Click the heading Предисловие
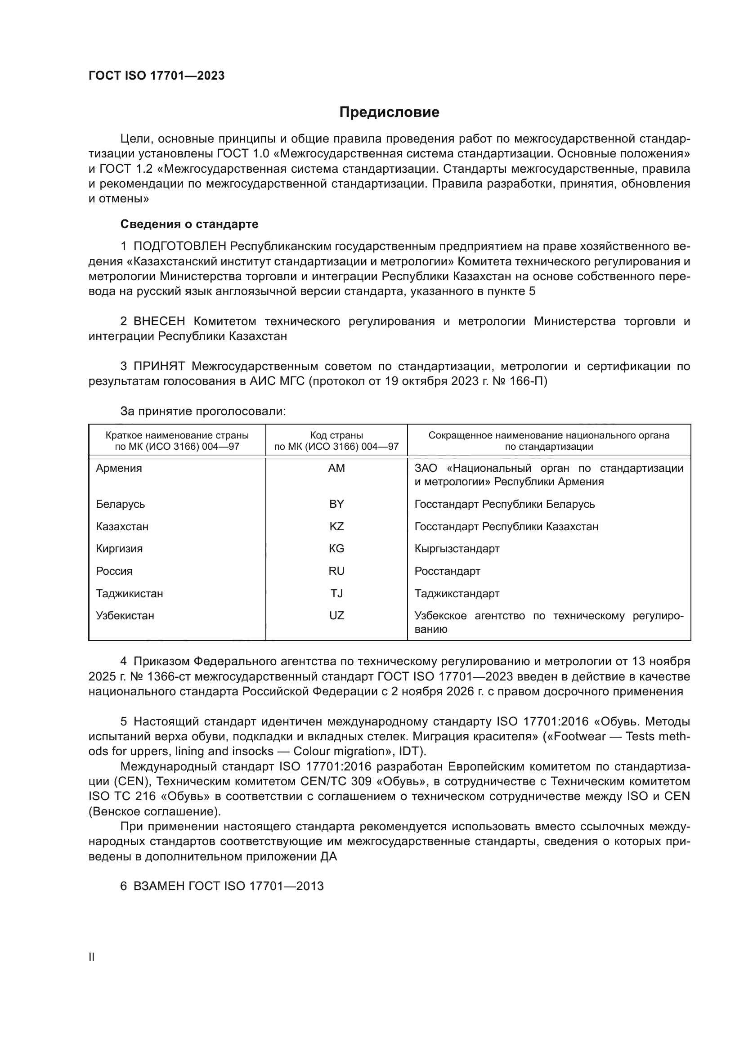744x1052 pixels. pos(389,112)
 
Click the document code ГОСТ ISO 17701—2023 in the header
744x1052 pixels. pos(156,76)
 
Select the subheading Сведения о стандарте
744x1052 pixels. pos(189,224)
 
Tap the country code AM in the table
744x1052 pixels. pos(336,468)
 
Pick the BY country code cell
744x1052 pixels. pos(336,504)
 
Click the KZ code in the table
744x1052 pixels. pos(336,527)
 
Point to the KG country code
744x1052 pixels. pos(336,548)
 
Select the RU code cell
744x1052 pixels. pos(336,571)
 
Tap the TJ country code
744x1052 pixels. pos(336,593)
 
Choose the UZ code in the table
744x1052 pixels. pos(336,615)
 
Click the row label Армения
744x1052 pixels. pos(119,468)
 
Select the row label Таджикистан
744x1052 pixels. pos(129,593)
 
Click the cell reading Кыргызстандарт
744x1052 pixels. pos(457,548)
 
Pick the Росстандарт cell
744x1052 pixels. pos(447,571)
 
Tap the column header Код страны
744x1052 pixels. pos(336,435)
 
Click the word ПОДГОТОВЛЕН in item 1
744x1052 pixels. pos(179,246)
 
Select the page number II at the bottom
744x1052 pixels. pos(92,957)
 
